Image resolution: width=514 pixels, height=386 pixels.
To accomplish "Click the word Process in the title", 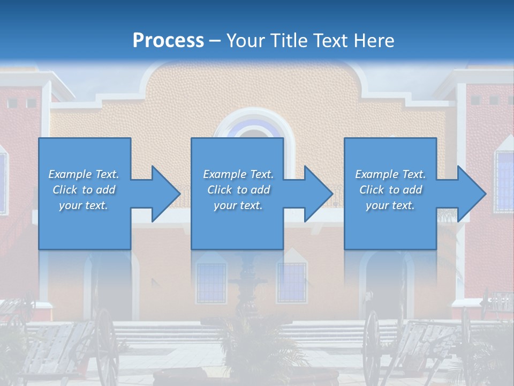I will (x=168, y=40).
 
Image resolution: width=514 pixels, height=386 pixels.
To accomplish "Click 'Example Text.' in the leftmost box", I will (x=84, y=174).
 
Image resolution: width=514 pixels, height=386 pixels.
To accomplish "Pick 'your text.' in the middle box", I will (x=238, y=205).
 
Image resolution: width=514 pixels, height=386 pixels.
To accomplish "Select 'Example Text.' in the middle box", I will (x=238, y=174).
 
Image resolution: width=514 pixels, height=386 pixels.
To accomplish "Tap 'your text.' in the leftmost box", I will (x=84, y=205).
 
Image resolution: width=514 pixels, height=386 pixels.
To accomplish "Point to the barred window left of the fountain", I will (x=211, y=282).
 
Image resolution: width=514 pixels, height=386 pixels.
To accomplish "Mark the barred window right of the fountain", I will (x=292, y=282).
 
